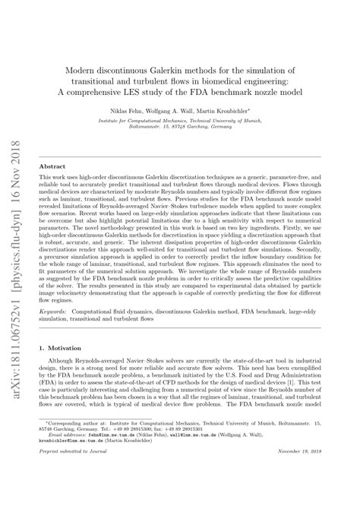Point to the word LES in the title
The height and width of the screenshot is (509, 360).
[x=183, y=92]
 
